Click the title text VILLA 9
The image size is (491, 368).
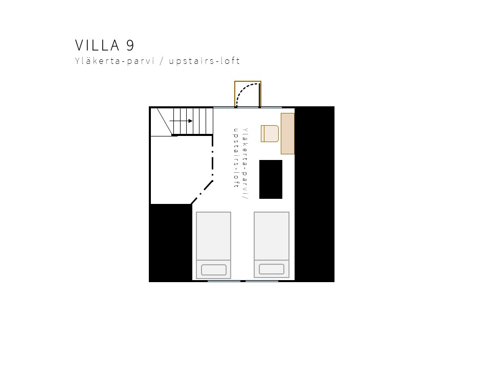click(104, 45)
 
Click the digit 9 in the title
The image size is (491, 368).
click(130, 45)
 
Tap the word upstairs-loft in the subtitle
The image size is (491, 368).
click(204, 61)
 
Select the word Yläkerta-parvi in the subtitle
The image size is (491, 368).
click(115, 61)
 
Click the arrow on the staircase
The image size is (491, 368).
click(181, 121)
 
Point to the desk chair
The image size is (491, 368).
click(270, 133)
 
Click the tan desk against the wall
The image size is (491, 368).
click(287, 133)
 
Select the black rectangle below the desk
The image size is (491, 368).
click(271, 179)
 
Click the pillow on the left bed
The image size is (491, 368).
click(214, 270)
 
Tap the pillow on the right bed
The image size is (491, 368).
click(272, 269)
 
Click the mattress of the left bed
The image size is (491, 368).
click(214, 236)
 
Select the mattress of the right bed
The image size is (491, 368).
click(272, 236)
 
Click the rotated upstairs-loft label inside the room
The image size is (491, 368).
click(236, 158)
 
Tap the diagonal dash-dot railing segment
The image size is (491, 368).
click(202, 192)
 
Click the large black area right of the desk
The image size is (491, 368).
click(315, 194)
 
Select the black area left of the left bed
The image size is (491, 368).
click(171, 243)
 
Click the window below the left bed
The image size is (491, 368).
click(224, 281)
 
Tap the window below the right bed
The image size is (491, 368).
click(262, 281)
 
